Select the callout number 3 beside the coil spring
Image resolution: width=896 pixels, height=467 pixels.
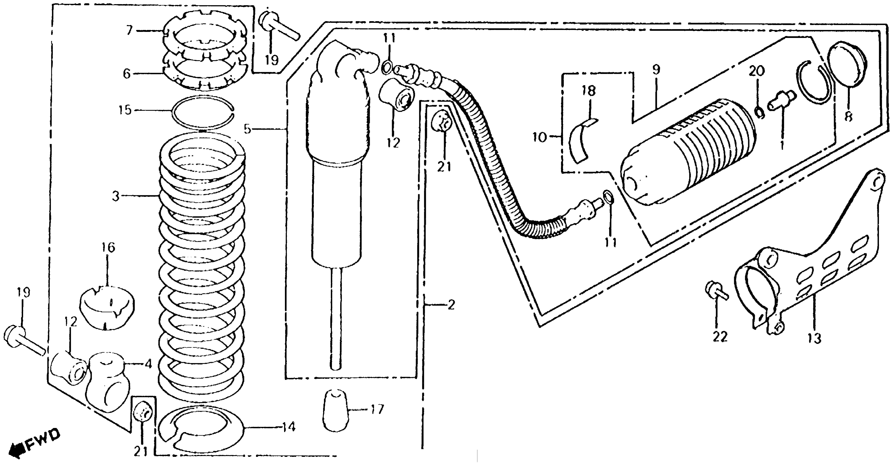[116, 196]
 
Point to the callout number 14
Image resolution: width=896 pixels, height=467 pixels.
[288, 426]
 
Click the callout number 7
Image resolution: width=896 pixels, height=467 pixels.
[129, 30]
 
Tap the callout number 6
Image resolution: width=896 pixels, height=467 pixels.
[127, 74]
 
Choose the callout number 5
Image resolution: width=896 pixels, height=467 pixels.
[247, 129]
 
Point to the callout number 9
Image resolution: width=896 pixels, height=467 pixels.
[656, 70]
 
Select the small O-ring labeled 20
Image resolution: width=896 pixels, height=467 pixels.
[760, 112]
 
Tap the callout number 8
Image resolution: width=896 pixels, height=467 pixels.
[849, 116]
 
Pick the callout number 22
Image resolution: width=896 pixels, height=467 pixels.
[719, 336]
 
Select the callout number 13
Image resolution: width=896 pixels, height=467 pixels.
[815, 338]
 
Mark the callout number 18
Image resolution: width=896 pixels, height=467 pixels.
[589, 91]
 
